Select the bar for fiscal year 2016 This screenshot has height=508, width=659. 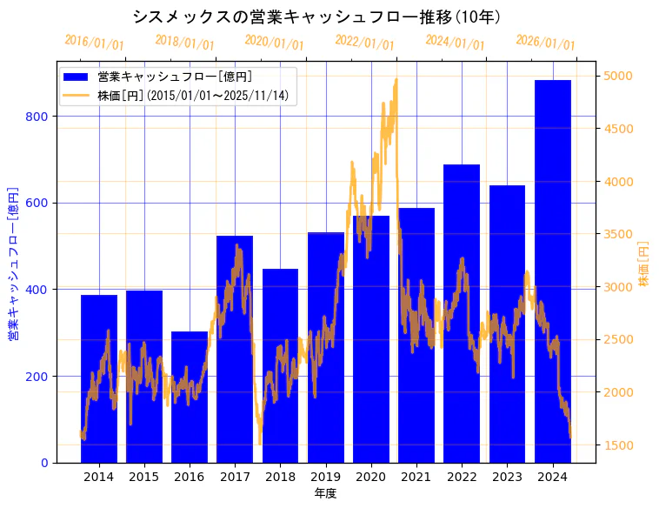pos(190,397)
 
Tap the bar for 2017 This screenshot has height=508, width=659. pos(235,349)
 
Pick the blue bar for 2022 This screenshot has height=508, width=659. pos(462,313)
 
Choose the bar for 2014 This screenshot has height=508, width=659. pos(99,378)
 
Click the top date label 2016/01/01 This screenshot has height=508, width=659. pos(94,43)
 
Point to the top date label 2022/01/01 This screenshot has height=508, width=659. pos(364,43)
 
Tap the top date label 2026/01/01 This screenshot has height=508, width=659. pos(545,43)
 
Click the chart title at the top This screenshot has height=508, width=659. pos(316,17)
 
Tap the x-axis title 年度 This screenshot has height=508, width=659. pos(325,493)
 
